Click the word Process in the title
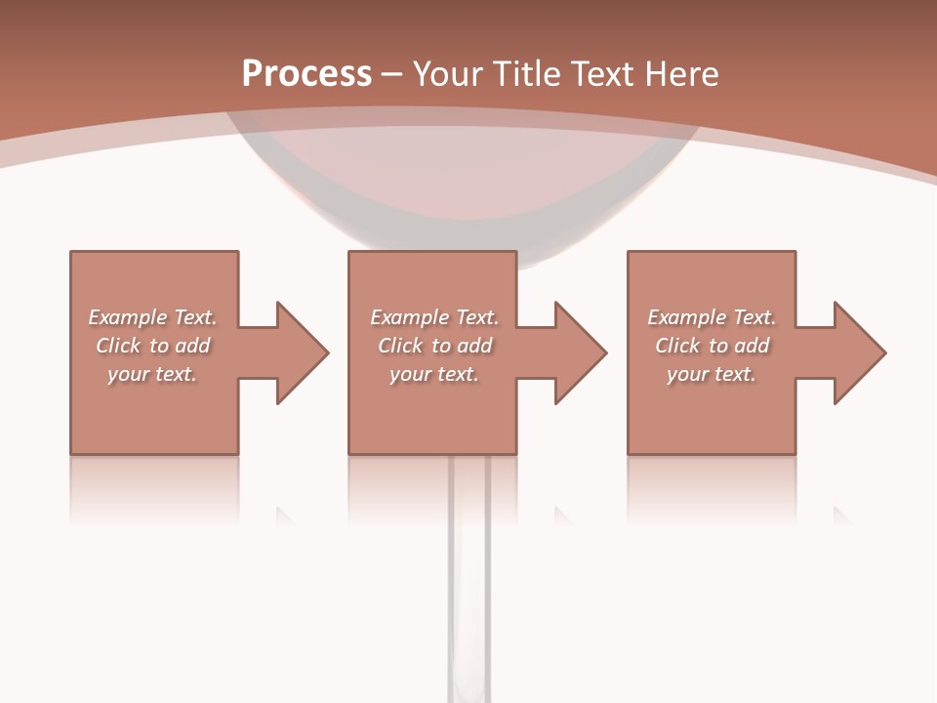tap(306, 74)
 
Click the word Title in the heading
tap(526, 74)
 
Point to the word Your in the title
tap(449, 74)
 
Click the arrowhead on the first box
tap(303, 352)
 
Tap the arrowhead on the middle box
tap(581, 352)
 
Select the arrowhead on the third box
tap(860, 352)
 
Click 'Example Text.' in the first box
tap(152, 317)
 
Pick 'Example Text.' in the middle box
tap(434, 317)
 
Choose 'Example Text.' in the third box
tap(712, 317)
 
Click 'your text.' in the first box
tap(152, 374)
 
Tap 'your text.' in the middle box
tap(434, 374)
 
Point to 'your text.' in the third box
tap(712, 374)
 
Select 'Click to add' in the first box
tap(152, 346)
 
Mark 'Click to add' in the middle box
tap(434, 346)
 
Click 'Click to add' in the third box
tap(712, 346)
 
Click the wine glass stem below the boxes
tap(469, 586)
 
